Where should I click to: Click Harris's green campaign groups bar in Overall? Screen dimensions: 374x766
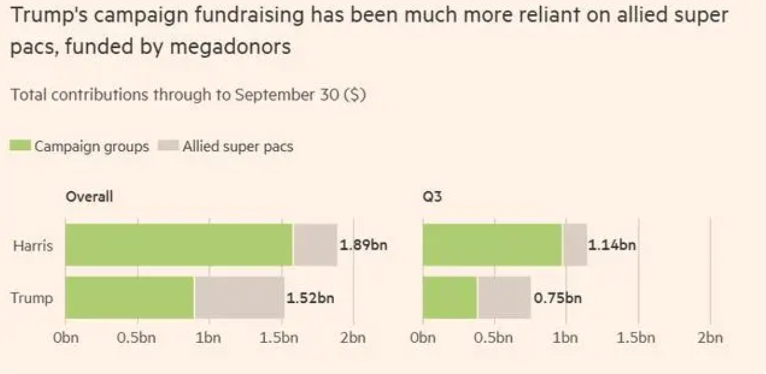(179, 245)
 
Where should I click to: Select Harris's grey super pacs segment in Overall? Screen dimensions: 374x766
(315, 245)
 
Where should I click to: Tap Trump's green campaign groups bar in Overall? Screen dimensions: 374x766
(129, 297)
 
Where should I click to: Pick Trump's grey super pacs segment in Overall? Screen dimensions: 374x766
(239, 297)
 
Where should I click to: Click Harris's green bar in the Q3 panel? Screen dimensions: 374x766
(492, 245)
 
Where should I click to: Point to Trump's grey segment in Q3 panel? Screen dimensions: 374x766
(504, 297)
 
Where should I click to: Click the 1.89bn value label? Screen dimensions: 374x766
(363, 245)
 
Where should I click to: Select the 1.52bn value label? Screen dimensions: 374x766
(310, 298)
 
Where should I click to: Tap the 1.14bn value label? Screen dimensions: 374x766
(612, 245)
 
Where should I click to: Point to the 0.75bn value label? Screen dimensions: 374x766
(557, 298)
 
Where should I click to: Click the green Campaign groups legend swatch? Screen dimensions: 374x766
(20, 147)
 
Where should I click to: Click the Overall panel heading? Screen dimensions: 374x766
(89, 196)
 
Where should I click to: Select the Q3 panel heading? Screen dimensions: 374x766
(432, 196)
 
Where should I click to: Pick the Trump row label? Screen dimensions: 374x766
(32, 298)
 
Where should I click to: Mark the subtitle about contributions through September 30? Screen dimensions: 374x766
(189, 96)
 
